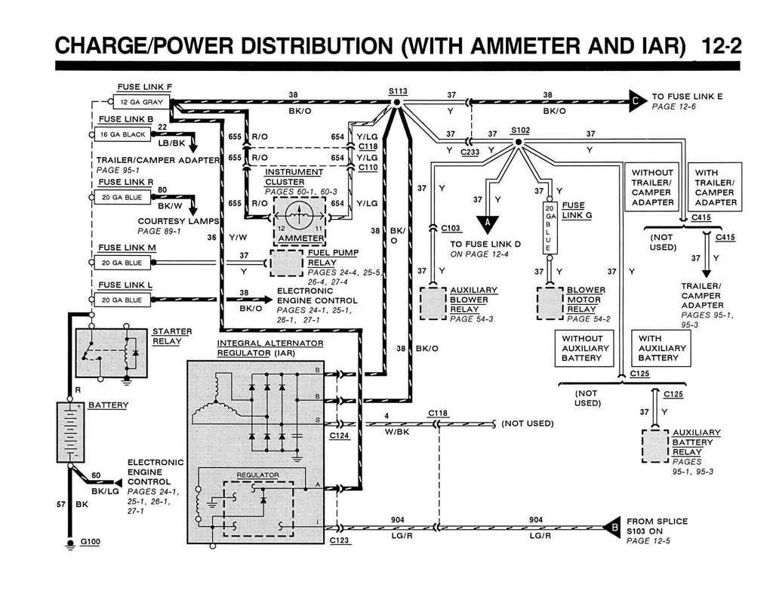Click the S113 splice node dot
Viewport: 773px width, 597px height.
396,103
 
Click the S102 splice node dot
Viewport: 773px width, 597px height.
518,142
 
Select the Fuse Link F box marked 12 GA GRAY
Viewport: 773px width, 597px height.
141,102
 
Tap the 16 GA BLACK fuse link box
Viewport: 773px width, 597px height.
123,134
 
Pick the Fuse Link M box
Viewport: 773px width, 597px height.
123,263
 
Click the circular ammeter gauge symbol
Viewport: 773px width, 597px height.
299,215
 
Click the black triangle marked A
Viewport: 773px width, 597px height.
488,223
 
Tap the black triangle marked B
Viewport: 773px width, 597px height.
611,528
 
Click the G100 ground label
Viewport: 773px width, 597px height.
91,542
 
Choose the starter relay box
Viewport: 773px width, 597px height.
112,353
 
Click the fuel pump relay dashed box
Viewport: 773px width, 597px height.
286,263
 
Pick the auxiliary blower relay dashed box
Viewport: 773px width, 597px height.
433,303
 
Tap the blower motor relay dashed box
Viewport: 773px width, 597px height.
550,303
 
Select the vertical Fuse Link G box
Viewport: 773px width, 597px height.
550,228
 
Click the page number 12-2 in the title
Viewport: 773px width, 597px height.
720,46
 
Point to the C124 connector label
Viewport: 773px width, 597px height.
339,435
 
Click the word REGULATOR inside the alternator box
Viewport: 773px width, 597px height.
258,475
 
